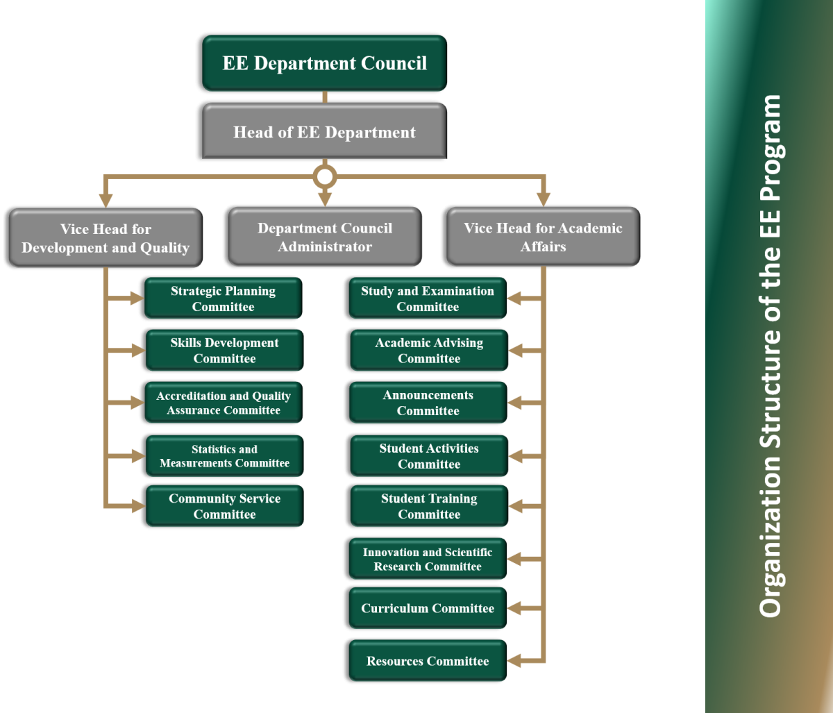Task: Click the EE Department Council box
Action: pyautogui.click(x=324, y=63)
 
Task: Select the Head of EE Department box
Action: pyautogui.click(x=324, y=132)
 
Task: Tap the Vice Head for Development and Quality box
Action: pyautogui.click(x=106, y=237)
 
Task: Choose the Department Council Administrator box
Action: pyautogui.click(x=325, y=237)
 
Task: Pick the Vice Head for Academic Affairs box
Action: pyautogui.click(x=543, y=237)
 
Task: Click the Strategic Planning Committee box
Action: pyautogui.click(x=223, y=299)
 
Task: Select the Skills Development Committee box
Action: pyautogui.click(x=224, y=351)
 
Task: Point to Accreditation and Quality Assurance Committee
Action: pyautogui.click(x=223, y=403)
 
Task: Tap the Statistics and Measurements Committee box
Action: pyautogui.click(x=224, y=456)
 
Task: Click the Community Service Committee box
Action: pyautogui.click(x=224, y=506)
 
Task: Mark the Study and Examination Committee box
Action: pyautogui.click(x=428, y=299)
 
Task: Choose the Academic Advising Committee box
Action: pyautogui.click(x=428, y=351)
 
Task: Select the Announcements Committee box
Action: pyautogui.click(x=428, y=403)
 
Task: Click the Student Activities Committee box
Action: pyautogui.click(x=428, y=456)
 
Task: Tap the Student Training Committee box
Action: pyautogui.click(x=428, y=506)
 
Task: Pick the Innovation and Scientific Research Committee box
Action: pyautogui.click(x=428, y=559)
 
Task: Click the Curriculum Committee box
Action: pyautogui.click(x=428, y=608)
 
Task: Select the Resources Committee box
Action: pyautogui.click(x=428, y=661)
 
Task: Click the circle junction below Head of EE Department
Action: pyautogui.click(x=324, y=176)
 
